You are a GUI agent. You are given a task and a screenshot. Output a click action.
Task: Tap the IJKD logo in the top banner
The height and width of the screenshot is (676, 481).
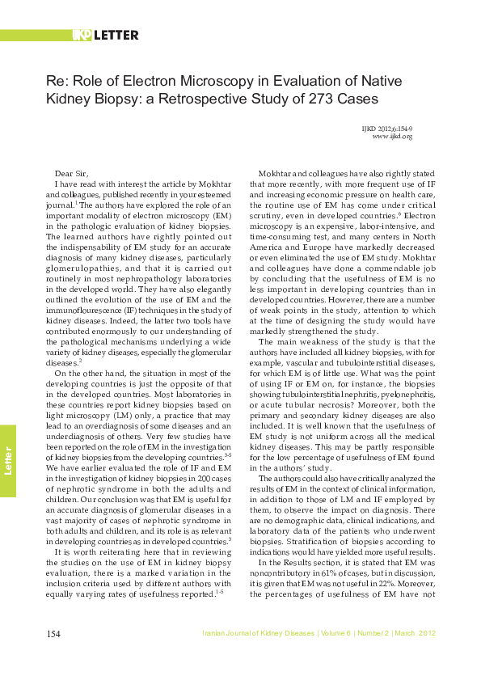[x=82, y=36]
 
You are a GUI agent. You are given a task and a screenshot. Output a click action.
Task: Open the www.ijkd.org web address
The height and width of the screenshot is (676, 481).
[x=392, y=137]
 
